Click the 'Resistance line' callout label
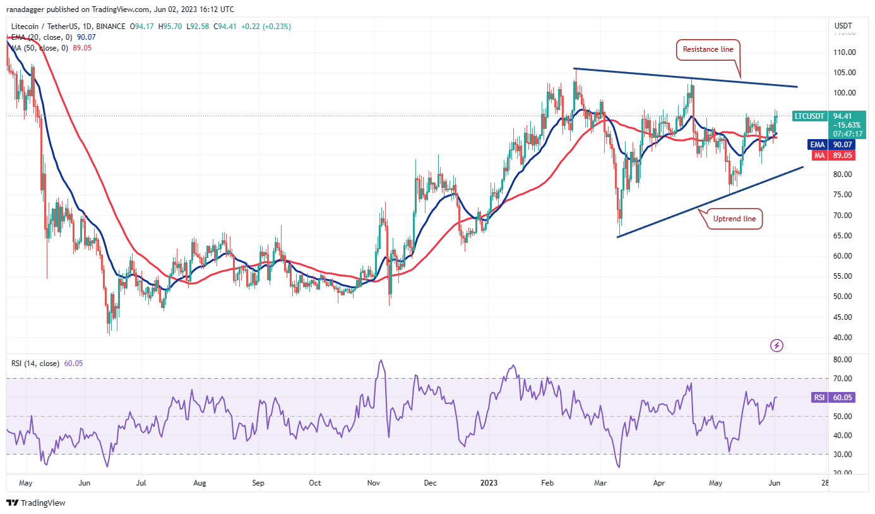pos(707,49)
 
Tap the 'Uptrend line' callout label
pos(734,219)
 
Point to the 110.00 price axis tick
pos(843,52)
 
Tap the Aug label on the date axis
pos(199,483)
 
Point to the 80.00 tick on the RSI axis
pos(842,359)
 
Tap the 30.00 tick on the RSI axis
pos(842,454)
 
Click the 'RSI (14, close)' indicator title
pos(36,364)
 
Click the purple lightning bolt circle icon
pos(777,345)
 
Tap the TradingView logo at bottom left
pos(36,503)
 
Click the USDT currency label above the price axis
pos(843,27)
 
